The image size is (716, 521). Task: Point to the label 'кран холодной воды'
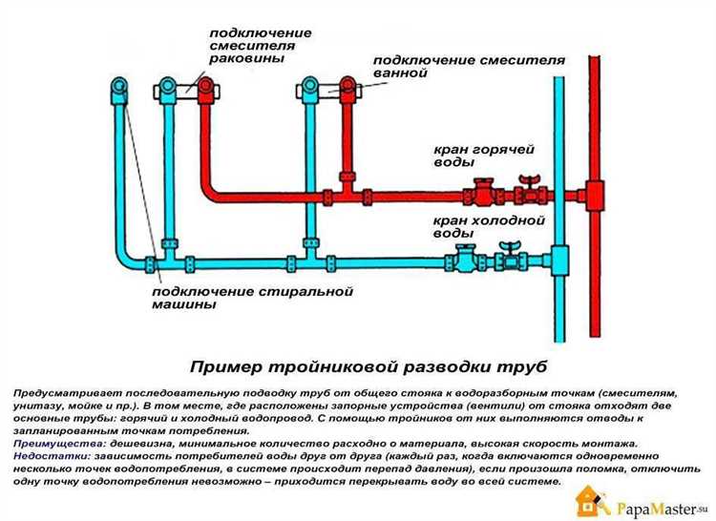tap(488, 226)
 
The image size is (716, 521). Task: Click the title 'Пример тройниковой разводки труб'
tap(369, 365)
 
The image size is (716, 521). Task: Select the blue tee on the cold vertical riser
tap(558, 260)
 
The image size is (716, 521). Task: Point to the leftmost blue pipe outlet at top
tap(117, 91)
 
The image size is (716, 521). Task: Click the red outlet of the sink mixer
tap(205, 90)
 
